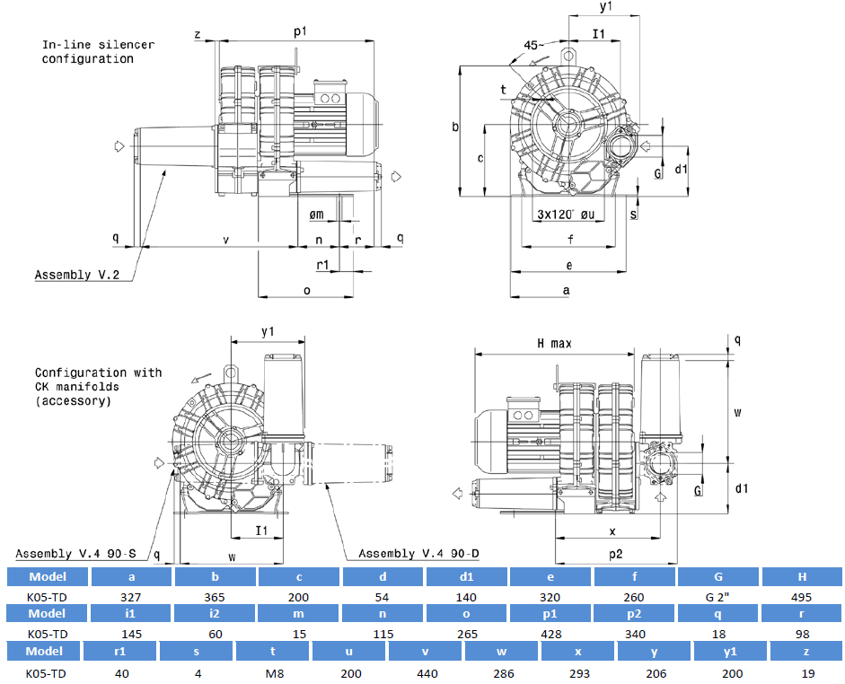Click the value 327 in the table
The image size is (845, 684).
[131, 596]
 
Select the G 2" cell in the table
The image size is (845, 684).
[717, 596]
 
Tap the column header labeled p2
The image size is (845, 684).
[634, 614]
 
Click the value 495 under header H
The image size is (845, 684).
[802, 596]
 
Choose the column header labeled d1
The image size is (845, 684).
[466, 576]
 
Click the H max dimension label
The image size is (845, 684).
[554, 344]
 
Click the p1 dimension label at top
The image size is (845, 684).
[301, 31]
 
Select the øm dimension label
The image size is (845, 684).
[316, 214]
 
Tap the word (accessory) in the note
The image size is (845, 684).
[74, 401]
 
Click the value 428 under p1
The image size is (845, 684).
[550, 634]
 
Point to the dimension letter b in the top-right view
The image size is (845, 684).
[455, 127]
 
